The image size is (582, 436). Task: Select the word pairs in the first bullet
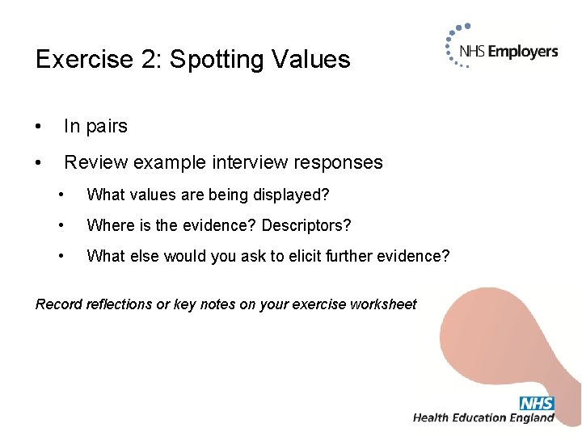tap(107, 127)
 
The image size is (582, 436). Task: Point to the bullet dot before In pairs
tap(39, 127)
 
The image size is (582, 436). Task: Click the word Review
tap(96, 162)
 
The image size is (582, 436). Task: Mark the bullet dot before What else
tap(61, 256)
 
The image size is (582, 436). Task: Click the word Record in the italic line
tap(58, 304)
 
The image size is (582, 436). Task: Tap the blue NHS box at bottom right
tap(537, 403)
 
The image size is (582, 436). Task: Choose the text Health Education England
tap(483, 418)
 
